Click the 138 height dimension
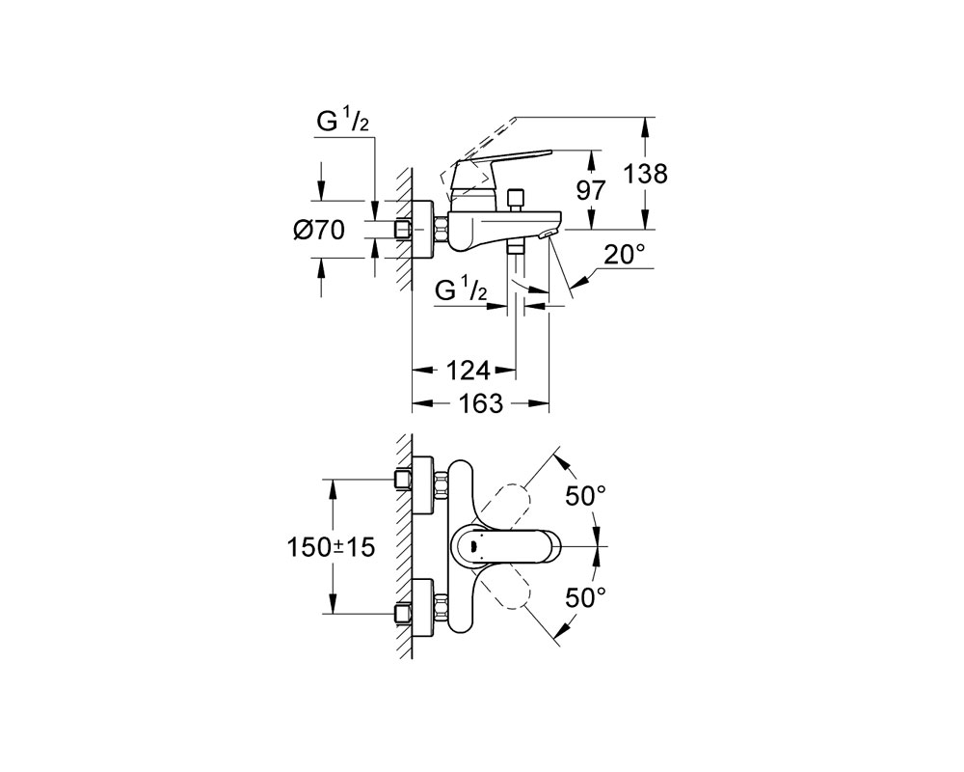coord(646,175)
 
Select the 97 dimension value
coord(591,190)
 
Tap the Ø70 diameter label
coord(319,231)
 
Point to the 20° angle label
coord(624,254)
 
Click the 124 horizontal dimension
coord(468,371)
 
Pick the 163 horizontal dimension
coord(481,404)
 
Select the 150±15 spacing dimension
coord(331,547)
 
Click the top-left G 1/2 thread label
coord(342,123)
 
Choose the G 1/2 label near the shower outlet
coord(461,289)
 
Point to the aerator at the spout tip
coord(548,234)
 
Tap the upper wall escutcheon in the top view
coord(422,484)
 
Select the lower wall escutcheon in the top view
coord(422,608)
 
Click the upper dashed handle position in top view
coord(504,506)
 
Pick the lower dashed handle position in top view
coord(504,587)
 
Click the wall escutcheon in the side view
coord(422,231)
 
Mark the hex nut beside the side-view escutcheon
coord(441,231)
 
